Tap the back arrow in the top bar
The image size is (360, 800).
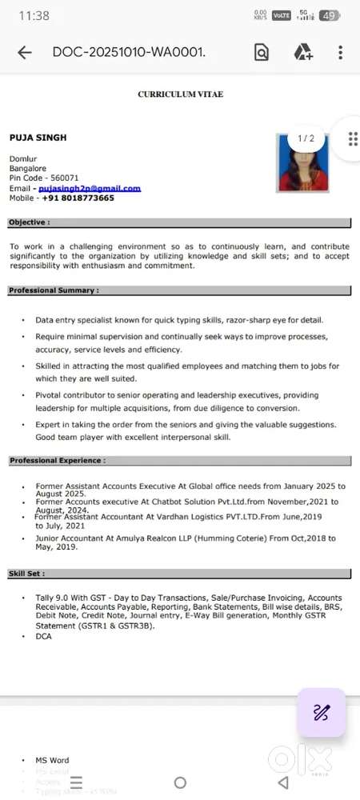(25, 53)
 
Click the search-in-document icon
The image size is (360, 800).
(262, 53)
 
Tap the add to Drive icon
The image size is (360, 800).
(302, 53)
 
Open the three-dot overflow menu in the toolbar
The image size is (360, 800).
(340, 53)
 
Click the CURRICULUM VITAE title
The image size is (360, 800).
(180, 94)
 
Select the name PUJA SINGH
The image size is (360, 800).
(38, 138)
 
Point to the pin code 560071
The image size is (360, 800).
(65, 178)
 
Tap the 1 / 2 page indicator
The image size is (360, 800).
(306, 138)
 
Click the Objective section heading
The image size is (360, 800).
(30, 222)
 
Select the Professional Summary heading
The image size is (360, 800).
(54, 290)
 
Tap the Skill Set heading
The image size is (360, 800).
(27, 574)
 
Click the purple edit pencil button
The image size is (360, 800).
(322, 712)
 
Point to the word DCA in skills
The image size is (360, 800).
(43, 636)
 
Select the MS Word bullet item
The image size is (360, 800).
(52, 760)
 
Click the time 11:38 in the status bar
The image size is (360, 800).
(34, 15)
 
